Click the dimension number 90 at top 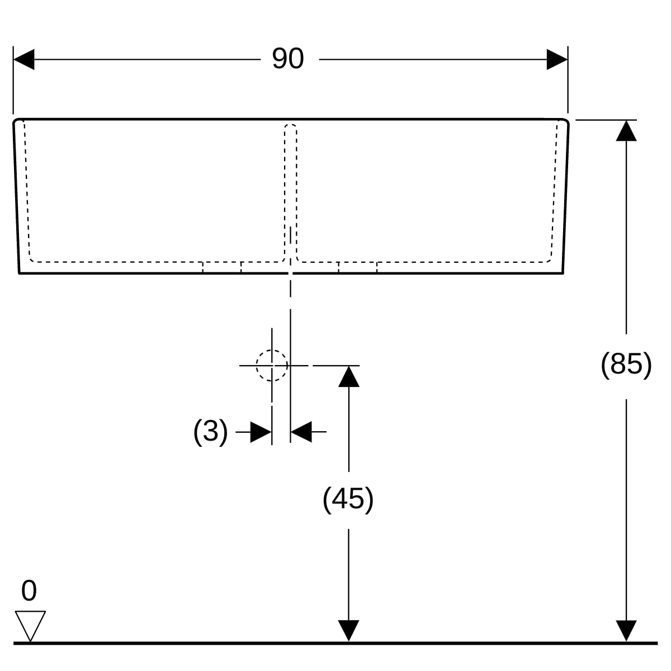point(287,59)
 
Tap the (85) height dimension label point(626,365)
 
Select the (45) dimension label point(348,499)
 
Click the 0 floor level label point(29,590)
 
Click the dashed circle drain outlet point(272,365)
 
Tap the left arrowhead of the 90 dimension point(23,59)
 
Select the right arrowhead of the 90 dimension point(557,59)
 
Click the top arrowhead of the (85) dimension point(626,131)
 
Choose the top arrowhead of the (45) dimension point(348,376)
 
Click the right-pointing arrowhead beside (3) point(261,432)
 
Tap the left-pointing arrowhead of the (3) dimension point(301,432)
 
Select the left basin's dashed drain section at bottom point(222,267)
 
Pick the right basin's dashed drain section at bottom point(358,267)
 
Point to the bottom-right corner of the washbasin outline point(563,273)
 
